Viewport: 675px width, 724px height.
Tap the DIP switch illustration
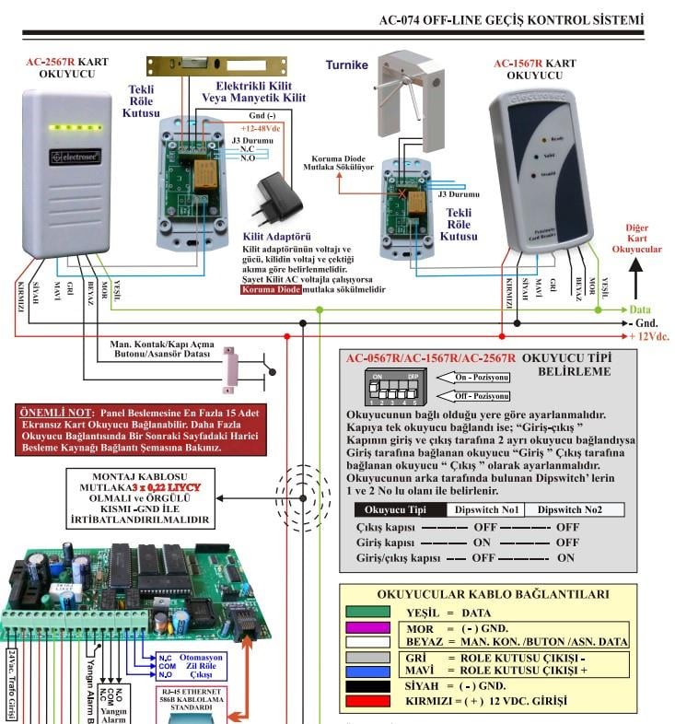(x=394, y=389)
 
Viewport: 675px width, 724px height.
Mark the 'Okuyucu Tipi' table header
(x=400, y=509)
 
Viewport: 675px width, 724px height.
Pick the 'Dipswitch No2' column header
(x=577, y=509)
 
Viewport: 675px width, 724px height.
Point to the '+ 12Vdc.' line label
(x=648, y=336)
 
